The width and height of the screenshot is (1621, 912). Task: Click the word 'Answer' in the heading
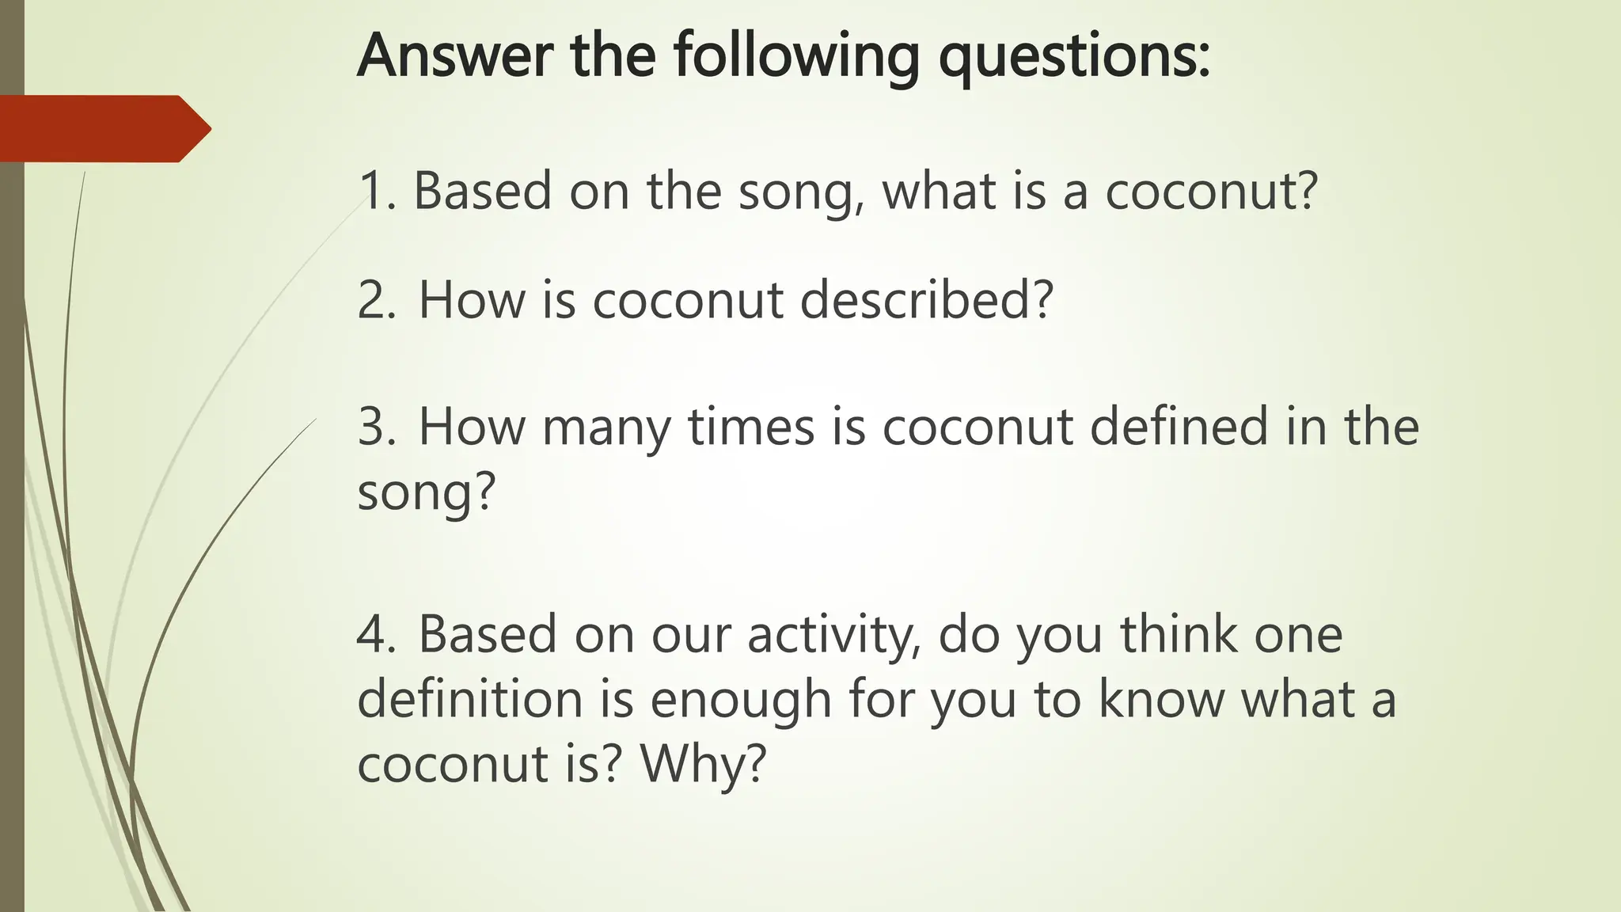tap(454, 55)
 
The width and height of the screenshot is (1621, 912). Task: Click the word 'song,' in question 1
tap(800, 192)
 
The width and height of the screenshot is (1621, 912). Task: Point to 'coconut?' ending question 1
tap(1211, 191)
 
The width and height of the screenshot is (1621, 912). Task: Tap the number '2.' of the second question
tap(377, 300)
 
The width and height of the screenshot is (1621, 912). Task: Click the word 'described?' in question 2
tap(927, 300)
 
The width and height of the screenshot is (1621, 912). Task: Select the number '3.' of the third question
tap(377, 427)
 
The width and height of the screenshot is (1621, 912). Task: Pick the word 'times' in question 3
tap(751, 427)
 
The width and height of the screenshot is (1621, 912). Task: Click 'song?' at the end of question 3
tap(426, 493)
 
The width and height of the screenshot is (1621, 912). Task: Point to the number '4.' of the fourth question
tap(377, 634)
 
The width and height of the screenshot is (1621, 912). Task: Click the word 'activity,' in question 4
tap(834, 636)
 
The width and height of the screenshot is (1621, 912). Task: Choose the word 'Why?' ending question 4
tap(704, 764)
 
